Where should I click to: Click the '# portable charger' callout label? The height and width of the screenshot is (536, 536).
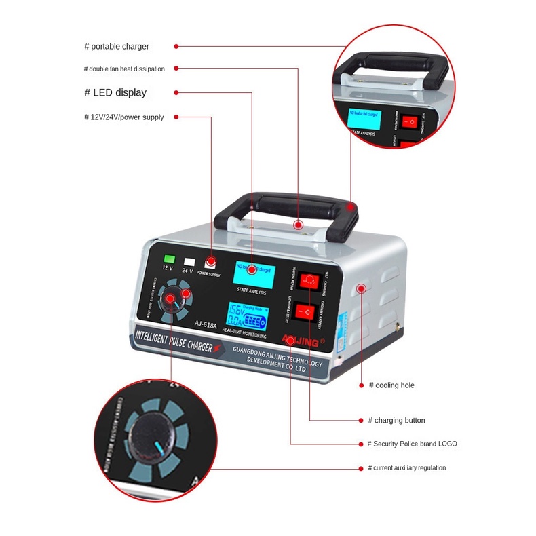pyautogui.click(x=117, y=47)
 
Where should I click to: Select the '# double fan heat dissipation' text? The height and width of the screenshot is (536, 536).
pyautogui.click(x=124, y=69)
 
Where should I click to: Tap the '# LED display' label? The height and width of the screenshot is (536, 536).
pyautogui.click(x=115, y=93)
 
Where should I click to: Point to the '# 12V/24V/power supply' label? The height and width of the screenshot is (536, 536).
pyautogui.click(x=124, y=117)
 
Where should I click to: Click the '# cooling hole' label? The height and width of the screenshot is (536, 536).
pyautogui.click(x=391, y=385)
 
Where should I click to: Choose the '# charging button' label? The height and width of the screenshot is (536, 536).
pyautogui.click(x=396, y=421)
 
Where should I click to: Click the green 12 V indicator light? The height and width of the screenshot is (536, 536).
pyautogui.click(x=170, y=259)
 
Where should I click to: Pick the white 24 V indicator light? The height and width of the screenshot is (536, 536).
pyautogui.click(x=189, y=261)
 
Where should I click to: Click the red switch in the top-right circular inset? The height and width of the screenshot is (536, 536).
pyautogui.click(x=410, y=122)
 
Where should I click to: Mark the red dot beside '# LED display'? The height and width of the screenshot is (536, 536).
pyautogui.click(x=176, y=93)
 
